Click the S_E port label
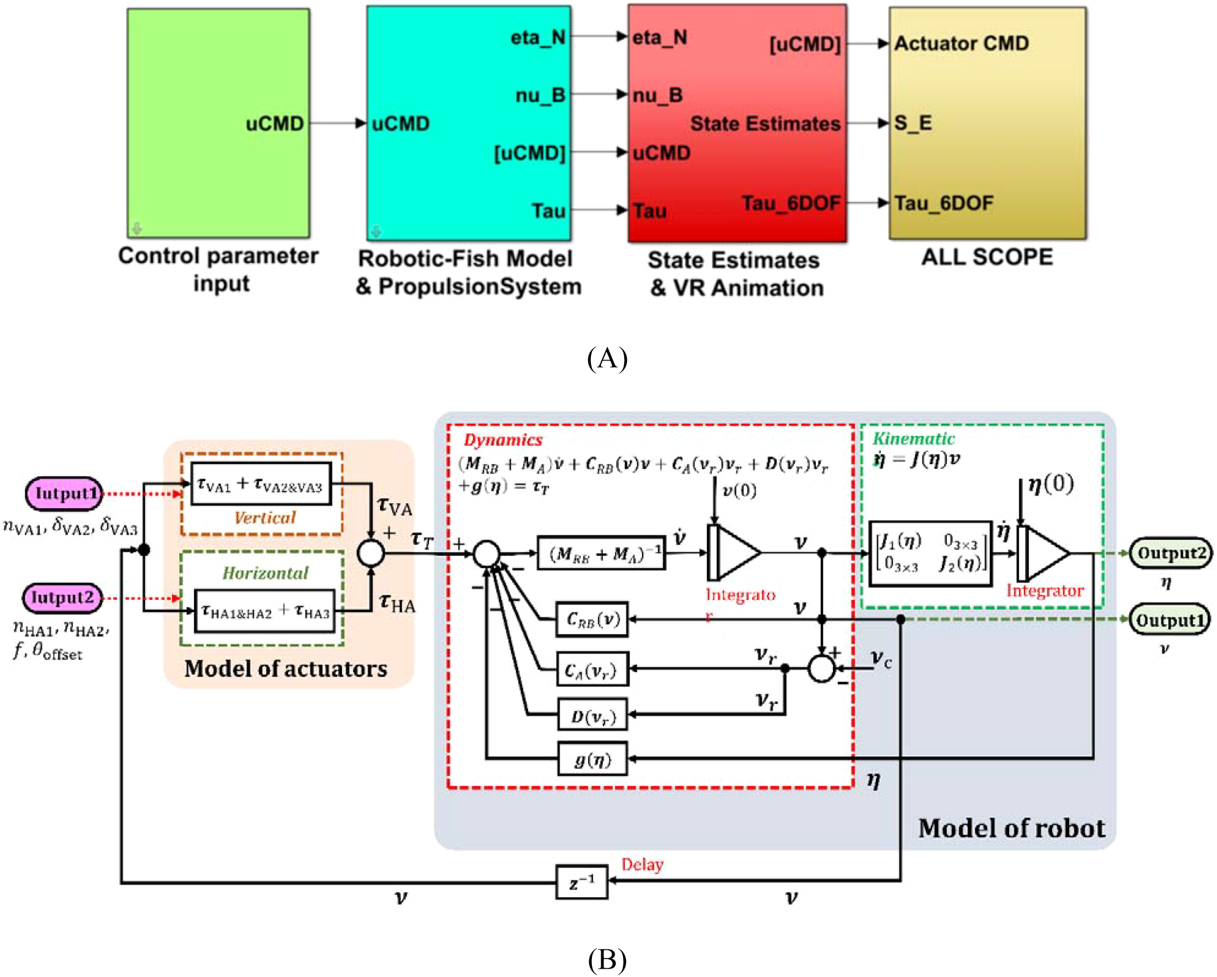click(913, 123)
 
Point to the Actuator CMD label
click(961, 43)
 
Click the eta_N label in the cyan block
click(537, 38)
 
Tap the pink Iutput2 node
click(62, 597)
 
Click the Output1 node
click(1169, 620)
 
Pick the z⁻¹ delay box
click(581, 882)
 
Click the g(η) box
click(592, 759)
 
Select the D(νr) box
click(592, 716)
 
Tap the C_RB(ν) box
click(592, 619)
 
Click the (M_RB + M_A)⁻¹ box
click(601, 553)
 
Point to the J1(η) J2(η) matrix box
click(930, 553)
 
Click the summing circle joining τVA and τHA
click(371, 553)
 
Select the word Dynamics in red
click(502, 440)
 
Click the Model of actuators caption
click(286, 669)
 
